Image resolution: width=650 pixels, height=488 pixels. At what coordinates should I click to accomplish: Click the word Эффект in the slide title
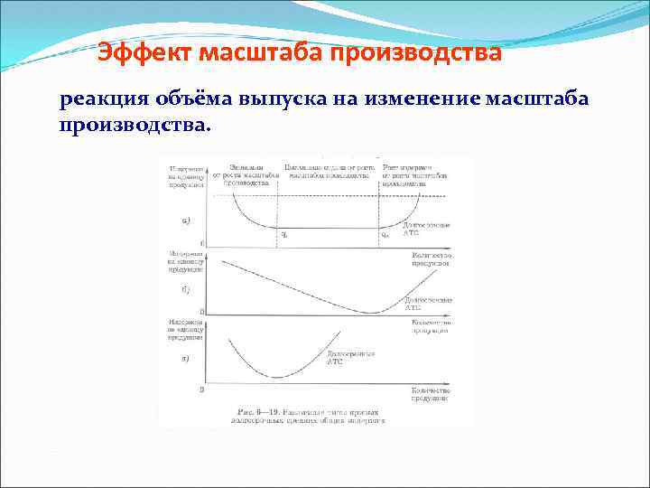point(144,53)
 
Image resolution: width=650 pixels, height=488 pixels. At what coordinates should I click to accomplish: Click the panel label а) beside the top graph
point(186,220)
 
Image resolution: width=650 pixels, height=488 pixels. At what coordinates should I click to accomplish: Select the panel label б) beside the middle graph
point(185,290)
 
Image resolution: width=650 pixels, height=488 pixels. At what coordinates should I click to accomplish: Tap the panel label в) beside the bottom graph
point(185,359)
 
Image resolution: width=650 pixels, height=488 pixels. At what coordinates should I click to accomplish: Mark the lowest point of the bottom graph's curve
point(277,376)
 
